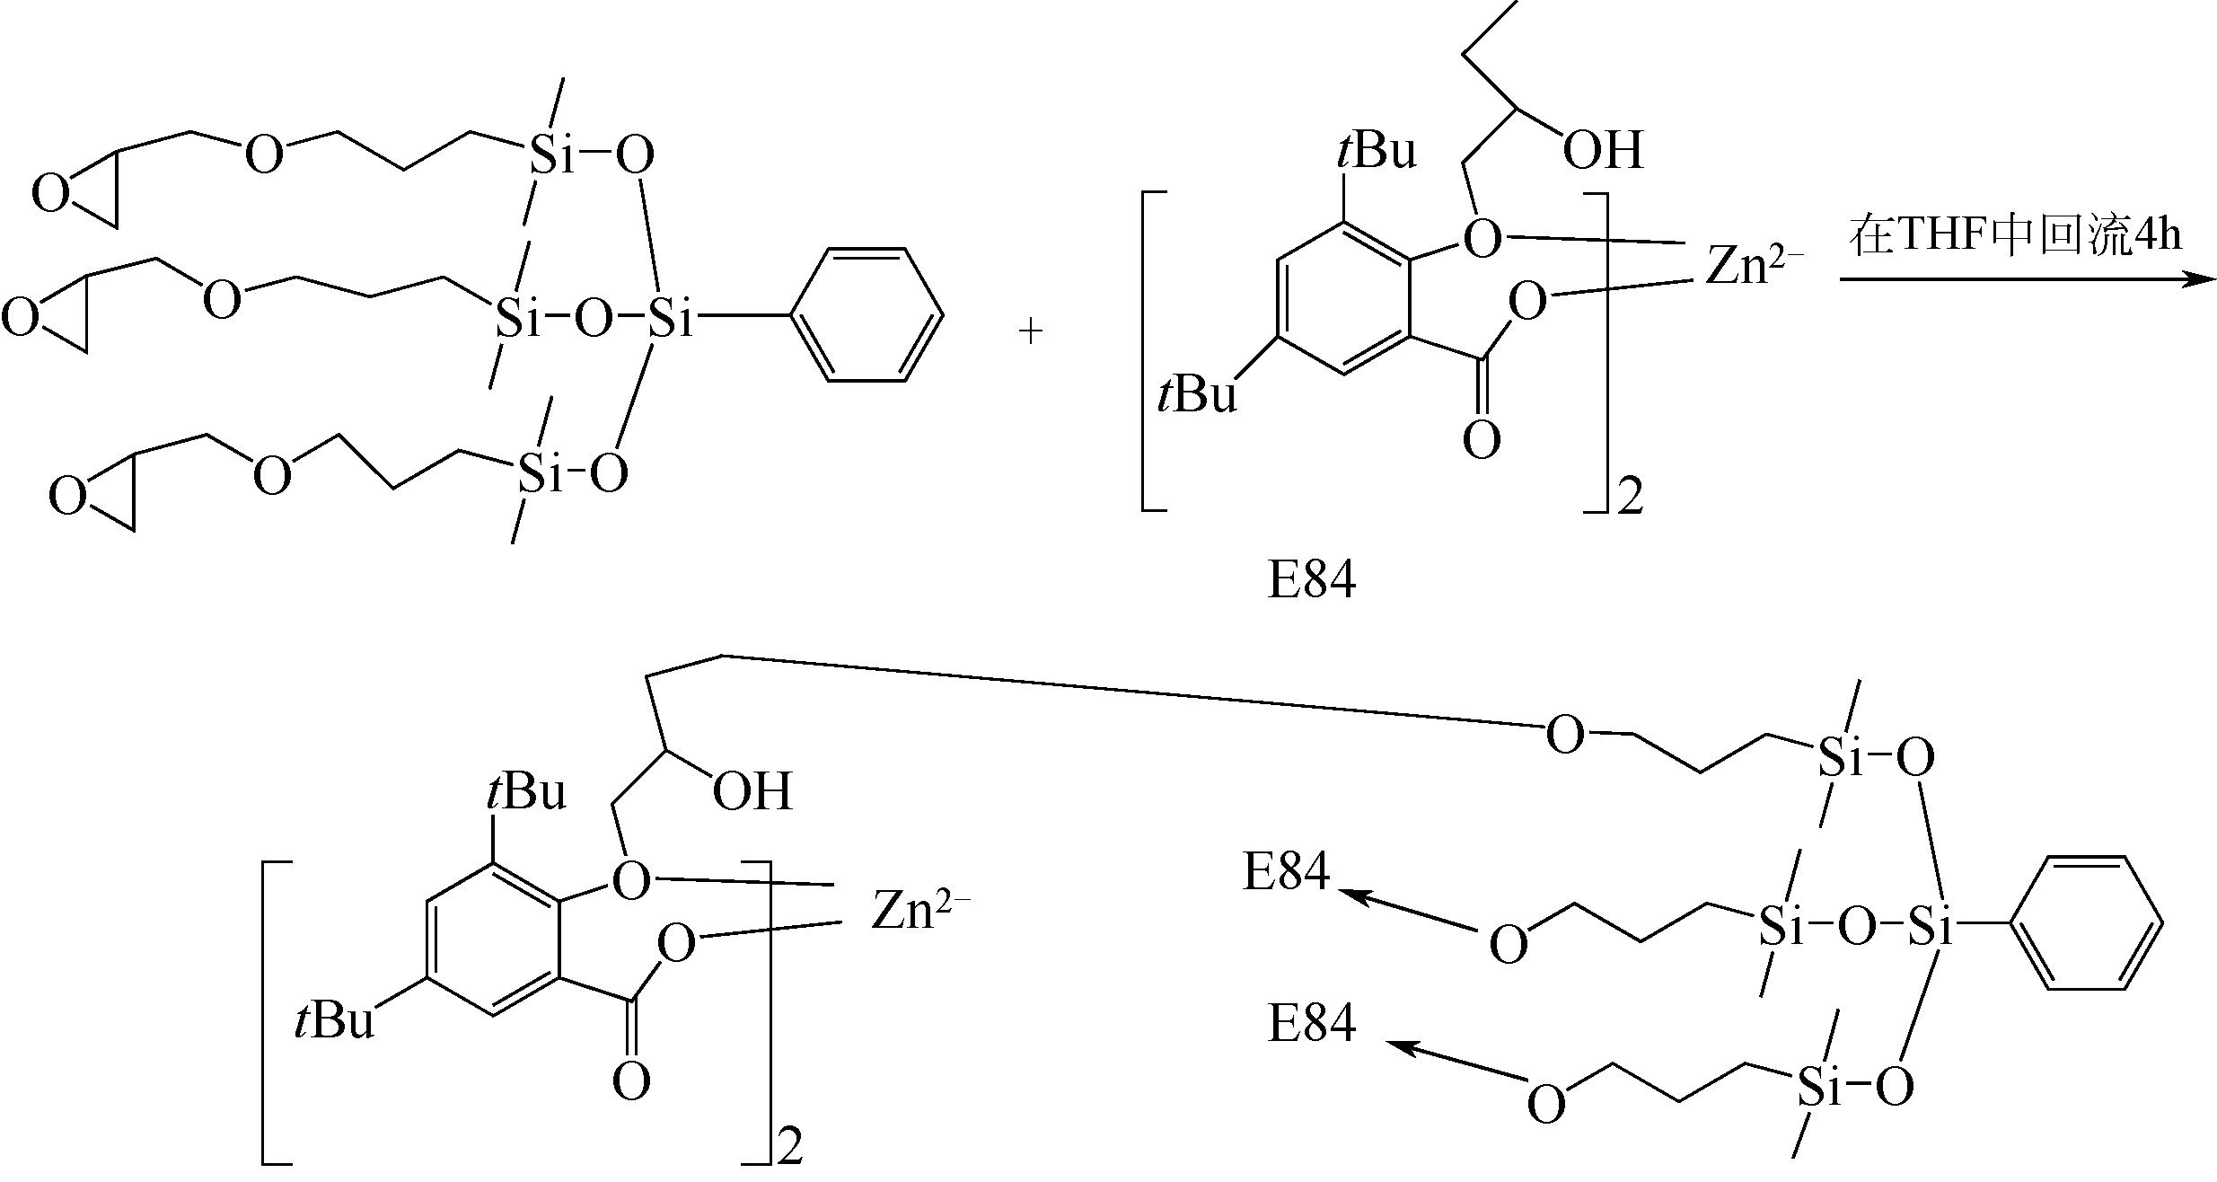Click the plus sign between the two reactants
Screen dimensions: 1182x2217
1031,332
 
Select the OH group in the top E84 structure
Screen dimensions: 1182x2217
1602,150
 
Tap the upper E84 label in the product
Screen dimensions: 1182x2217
1286,871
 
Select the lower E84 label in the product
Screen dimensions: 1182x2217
1311,1025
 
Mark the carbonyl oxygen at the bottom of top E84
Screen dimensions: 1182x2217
1481,441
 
